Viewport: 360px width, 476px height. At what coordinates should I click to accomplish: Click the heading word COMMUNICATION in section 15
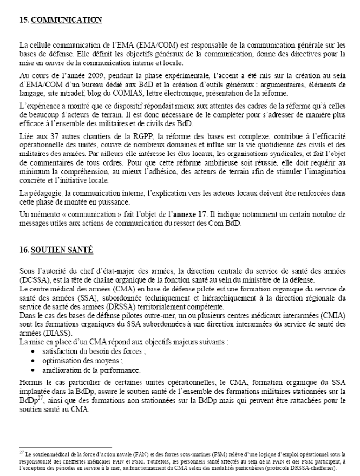67,20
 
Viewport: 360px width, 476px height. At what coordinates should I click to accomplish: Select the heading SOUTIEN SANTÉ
62,250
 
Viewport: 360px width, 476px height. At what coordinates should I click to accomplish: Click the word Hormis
29,383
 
